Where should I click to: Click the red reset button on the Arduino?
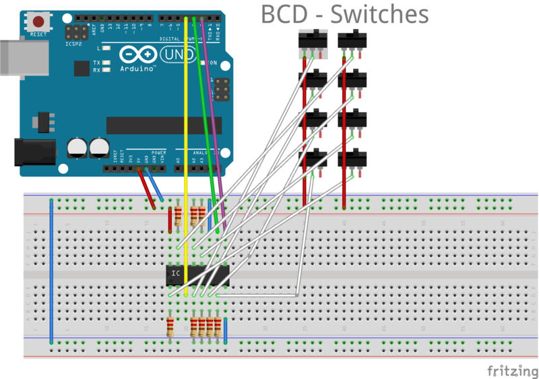(x=38, y=22)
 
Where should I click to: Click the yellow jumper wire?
(x=185, y=135)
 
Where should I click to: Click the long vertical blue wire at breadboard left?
(x=51, y=270)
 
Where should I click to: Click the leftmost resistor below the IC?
(x=170, y=328)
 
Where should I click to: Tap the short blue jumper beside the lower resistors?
(x=226, y=330)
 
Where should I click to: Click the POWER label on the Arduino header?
(x=159, y=153)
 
